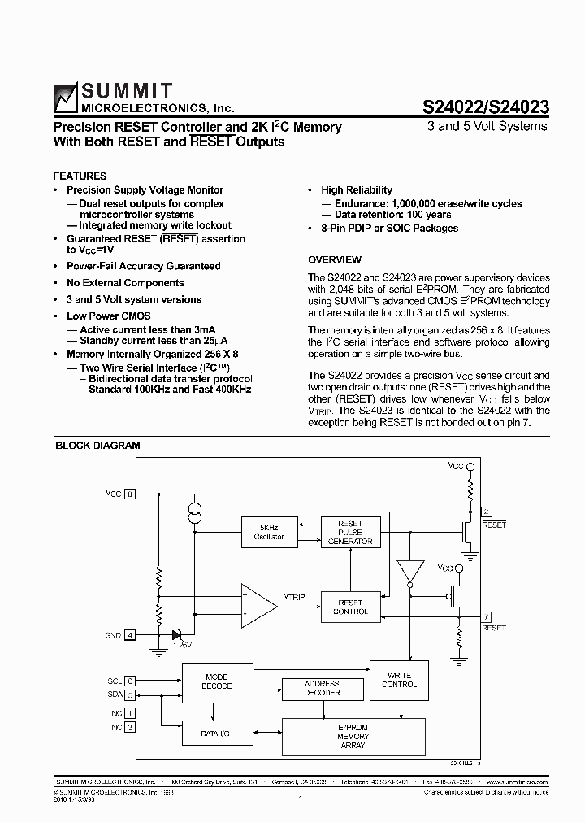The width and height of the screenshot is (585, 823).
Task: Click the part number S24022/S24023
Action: coord(486,107)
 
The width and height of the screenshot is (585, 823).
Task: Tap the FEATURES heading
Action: coord(80,176)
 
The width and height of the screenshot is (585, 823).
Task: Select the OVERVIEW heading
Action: coord(335,259)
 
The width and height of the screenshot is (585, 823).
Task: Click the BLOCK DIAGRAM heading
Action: coord(97,445)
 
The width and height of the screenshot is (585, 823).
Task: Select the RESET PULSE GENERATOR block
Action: coord(349,532)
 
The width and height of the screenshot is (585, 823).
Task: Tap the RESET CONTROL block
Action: coord(349,607)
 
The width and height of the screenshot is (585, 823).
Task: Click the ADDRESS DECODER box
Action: coord(322,688)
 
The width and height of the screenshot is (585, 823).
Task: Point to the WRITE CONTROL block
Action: coord(399,679)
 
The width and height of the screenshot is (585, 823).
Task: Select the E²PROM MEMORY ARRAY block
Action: coord(353,735)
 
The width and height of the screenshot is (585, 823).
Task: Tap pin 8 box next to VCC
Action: coord(130,494)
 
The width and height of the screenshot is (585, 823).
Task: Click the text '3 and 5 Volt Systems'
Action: coord(487,126)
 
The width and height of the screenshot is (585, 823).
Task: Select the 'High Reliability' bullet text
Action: coord(356,189)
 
